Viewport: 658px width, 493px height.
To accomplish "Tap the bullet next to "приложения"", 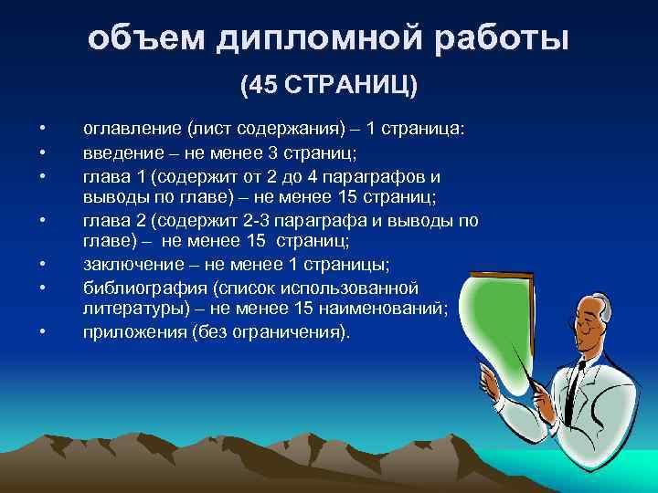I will click(x=42, y=332).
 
